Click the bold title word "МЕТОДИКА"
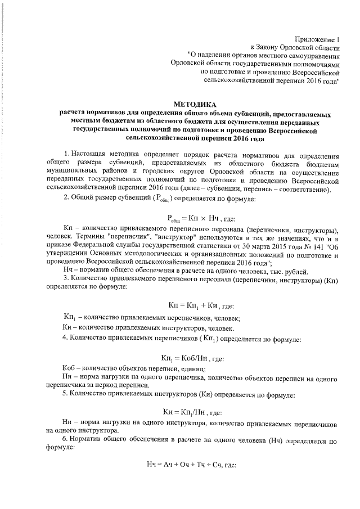coord(194,105)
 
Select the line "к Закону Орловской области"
coord(296,48)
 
